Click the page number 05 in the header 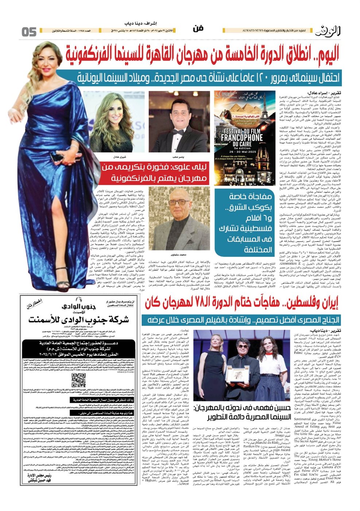pyautogui.click(x=29, y=32)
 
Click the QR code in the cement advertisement pyautogui.click(x=79, y=380)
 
